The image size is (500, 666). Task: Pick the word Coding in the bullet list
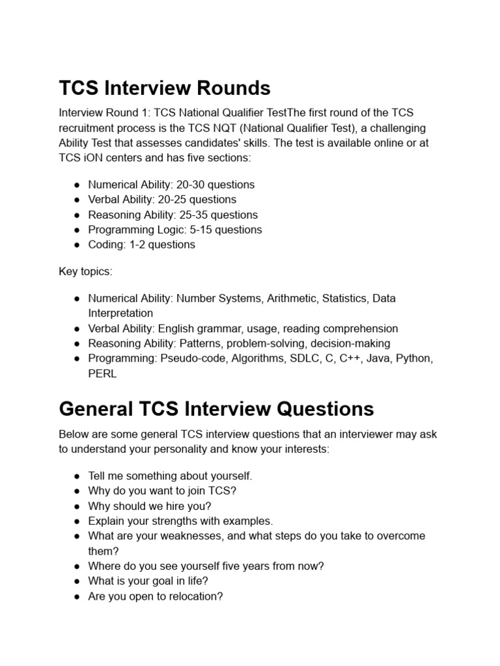104,245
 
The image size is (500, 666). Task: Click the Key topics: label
85,271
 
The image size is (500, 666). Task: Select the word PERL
102,374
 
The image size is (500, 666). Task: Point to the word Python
414,358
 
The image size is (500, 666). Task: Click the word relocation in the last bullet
195,596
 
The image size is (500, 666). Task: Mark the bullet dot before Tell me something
77,476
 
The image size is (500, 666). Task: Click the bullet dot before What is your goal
77,581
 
